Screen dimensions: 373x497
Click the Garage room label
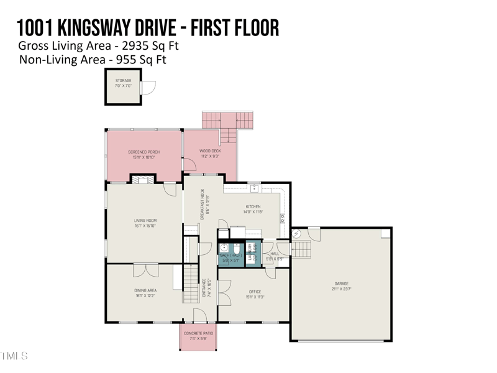(342, 284)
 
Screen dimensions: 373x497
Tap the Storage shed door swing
(148, 88)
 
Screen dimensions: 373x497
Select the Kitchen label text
(253, 206)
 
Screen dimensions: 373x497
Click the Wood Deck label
(210, 151)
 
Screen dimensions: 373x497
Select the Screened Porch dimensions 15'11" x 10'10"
(144, 157)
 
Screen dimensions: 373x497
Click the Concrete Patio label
(198, 333)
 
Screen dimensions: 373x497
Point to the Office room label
(255, 292)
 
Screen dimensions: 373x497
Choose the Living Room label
(145, 221)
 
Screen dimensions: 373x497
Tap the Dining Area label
(145, 290)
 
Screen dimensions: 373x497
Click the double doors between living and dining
(146, 270)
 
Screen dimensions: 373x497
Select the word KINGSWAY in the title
(93, 27)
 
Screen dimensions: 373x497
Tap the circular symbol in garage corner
(296, 234)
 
